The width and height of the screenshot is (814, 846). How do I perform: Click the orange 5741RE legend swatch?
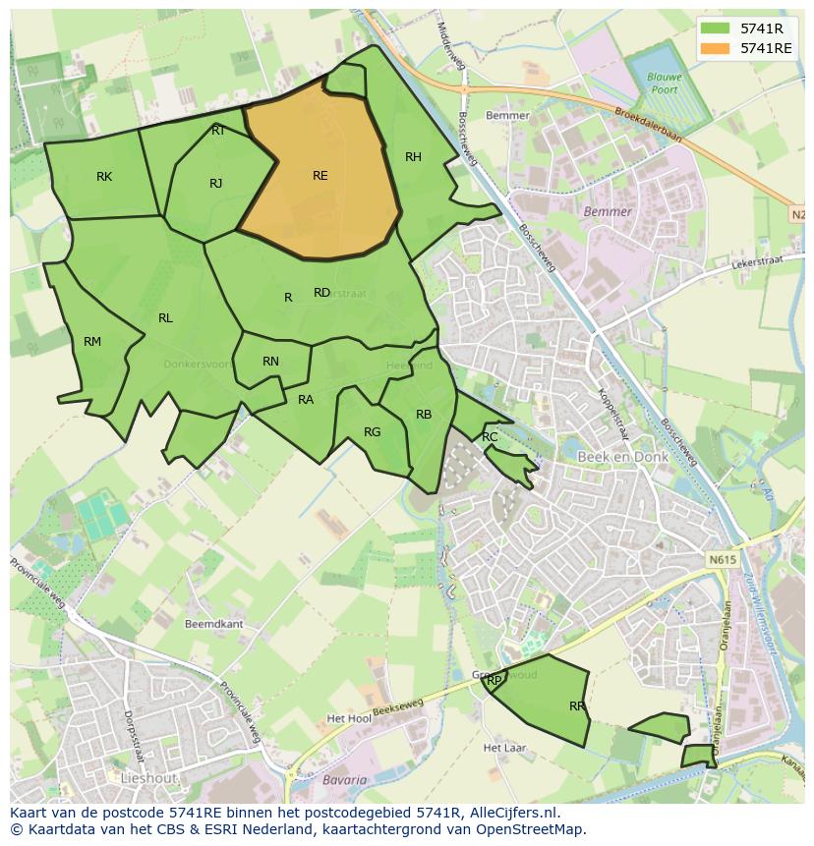716,48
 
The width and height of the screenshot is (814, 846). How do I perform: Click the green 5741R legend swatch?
716,28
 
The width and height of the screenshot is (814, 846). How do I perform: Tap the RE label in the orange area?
320,176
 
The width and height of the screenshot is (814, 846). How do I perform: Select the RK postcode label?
104,177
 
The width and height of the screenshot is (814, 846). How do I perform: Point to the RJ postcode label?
216,184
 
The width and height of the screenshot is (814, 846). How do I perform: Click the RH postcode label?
413,157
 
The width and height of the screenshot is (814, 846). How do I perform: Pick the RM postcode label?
92,342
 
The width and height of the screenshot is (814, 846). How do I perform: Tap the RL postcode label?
165,318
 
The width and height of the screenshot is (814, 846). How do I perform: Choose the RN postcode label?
271,362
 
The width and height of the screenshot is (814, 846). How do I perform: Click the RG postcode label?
372,432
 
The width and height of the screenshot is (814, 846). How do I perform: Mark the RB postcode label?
424,415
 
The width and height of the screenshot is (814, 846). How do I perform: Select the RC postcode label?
490,437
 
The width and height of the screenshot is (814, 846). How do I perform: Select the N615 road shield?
721,559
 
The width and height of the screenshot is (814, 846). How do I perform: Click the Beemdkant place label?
213,624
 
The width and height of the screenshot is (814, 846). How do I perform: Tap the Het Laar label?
505,748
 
